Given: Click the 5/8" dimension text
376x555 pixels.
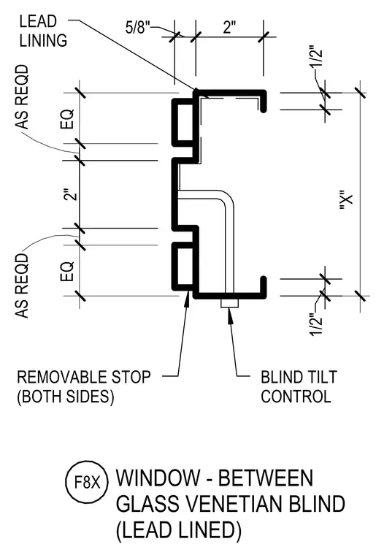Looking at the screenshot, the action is [x=138, y=27].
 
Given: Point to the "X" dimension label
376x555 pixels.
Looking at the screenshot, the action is [x=347, y=202].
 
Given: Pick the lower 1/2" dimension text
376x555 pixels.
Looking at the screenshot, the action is [x=316, y=324].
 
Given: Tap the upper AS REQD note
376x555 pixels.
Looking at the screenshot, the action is [x=22, y=96].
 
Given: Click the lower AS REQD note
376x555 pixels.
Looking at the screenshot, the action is [x=22, y=286].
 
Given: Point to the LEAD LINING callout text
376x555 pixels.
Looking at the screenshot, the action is [x=43, y=31].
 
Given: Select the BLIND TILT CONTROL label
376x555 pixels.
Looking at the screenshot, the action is [x=299, y=386].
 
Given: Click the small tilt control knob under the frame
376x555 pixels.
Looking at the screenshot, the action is [x=229, y=303].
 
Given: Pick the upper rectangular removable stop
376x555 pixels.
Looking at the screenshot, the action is [x=183, y=122].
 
